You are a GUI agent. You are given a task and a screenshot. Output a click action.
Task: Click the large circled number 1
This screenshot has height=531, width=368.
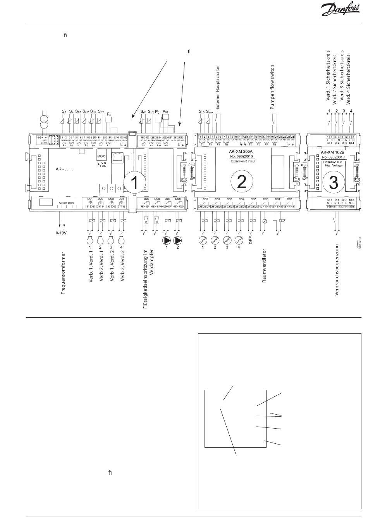(134, 183)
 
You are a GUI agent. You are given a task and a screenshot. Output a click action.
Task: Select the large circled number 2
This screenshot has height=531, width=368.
(241, 181)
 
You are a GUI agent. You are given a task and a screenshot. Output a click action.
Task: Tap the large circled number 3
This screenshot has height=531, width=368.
(333, 183)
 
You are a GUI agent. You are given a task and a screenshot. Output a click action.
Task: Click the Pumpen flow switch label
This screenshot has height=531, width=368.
(272, 87)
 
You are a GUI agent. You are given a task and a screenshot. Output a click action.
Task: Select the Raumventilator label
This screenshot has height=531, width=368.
(264, 272)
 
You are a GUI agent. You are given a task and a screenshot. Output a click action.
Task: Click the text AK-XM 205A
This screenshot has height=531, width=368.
(241, 152)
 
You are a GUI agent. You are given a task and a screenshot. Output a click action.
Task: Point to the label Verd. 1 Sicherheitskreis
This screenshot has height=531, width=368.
(328, 77)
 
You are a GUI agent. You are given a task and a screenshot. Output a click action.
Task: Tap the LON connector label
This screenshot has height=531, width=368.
(103, 166)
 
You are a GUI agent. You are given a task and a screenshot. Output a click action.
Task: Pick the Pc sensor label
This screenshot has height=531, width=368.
(109, 114)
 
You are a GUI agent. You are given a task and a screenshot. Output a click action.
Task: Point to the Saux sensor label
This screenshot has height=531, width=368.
(210, 112)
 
